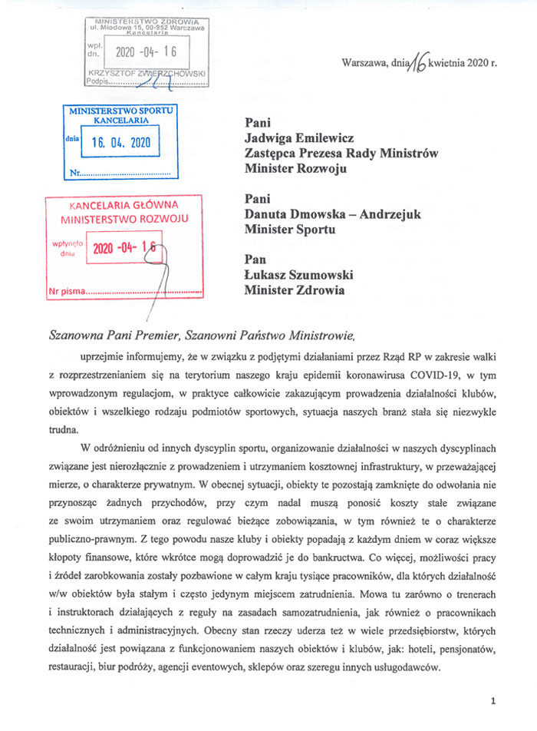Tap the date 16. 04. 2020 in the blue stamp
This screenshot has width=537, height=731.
121,142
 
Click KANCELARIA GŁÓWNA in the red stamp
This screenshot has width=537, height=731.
124,205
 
